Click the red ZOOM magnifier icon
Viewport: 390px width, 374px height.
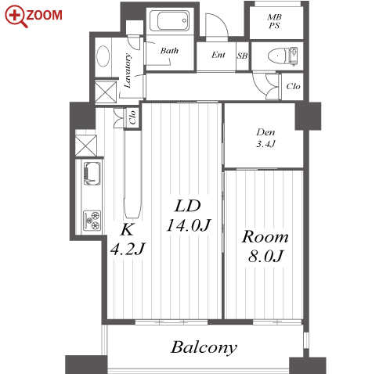(16, 16)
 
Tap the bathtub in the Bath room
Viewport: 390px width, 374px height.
(173, 20)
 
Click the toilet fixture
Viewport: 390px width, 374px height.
(283, 56)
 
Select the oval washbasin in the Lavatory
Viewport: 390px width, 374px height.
(103, 56)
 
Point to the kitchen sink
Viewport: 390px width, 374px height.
(92, 174)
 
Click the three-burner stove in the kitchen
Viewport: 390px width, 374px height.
(92, 221)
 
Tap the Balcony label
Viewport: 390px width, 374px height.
(204, 348)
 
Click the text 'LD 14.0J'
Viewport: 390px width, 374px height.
(189, 215)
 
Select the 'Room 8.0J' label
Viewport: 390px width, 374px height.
(265, 246)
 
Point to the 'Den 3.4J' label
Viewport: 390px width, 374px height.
(265, 138)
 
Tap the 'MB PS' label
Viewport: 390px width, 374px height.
(274, 21)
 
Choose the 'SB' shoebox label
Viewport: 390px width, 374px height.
(242, 56)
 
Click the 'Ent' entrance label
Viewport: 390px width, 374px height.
(218, 55)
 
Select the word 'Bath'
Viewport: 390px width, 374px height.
(169, 50)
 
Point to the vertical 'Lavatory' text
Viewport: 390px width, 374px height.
(128, 70)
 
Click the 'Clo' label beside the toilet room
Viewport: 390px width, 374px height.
(293, 86)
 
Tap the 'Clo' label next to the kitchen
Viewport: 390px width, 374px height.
(132, 117)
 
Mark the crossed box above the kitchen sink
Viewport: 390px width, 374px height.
(86, 146)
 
